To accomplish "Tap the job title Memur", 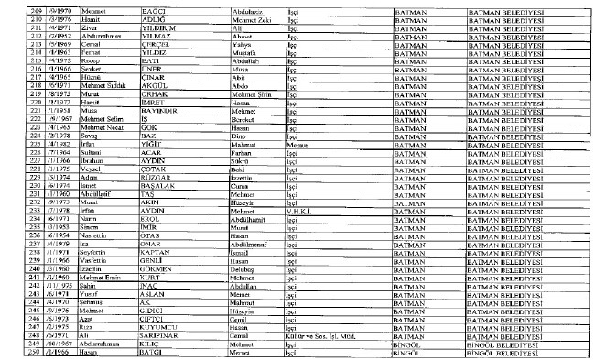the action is [x=296, y=145].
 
